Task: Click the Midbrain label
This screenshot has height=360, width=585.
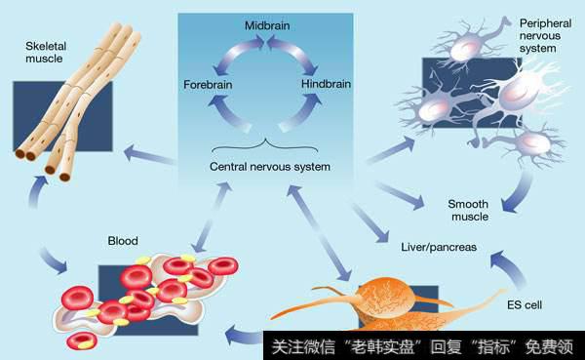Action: [265, 23]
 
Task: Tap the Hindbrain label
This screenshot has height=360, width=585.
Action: [327, 85]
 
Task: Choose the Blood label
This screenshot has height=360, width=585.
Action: [123, 240]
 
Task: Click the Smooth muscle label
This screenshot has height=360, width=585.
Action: [467, 210]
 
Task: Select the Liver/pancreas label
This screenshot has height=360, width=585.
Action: [439, 247]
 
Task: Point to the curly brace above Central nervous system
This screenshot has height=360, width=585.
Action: [267, 143]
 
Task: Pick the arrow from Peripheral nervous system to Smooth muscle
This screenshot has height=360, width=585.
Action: [513, 194]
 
